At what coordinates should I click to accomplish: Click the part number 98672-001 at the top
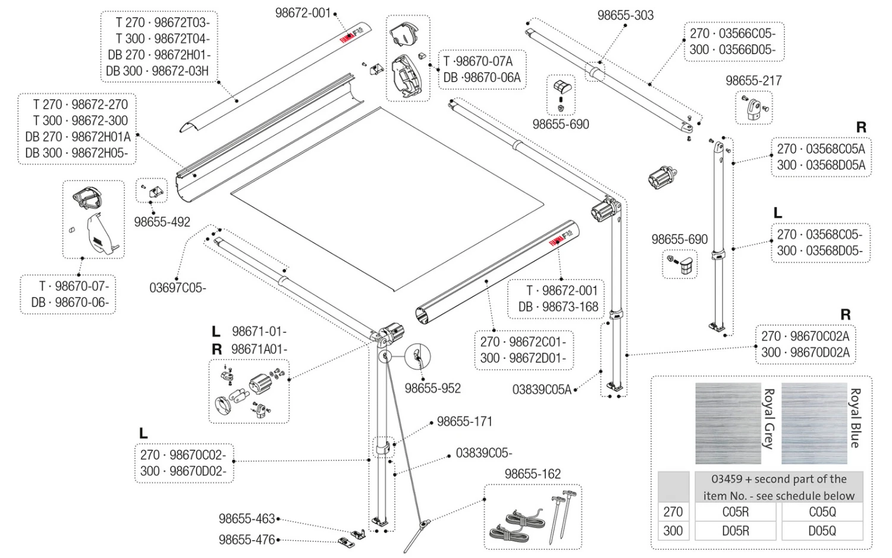[303, 13]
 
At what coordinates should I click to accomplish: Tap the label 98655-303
[625, 15]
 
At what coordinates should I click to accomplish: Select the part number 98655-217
[753, 80]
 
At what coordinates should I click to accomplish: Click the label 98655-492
[162, 222]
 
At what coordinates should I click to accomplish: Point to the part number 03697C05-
[178, 288]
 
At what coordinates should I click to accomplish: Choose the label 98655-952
[432, 388]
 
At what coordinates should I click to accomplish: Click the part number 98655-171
[464, 422]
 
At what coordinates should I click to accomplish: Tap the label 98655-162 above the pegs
[532, 474]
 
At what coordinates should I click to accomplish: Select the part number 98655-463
[247, 519]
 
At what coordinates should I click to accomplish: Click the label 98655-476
[247, 540]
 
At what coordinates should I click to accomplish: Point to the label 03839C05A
[542, 390]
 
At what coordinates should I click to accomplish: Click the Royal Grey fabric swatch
[728, 423]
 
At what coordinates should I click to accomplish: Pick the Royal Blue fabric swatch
[814, 423]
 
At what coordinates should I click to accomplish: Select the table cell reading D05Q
[822, 531]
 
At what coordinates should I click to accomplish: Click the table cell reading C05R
[736, 512]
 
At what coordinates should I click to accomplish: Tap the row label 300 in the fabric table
[673, 531]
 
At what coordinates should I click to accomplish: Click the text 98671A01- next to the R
[259, 349]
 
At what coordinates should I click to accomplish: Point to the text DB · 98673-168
[558, 307]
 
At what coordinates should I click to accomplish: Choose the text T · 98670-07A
[478, 61]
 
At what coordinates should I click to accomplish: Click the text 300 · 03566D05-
[733, 50]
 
